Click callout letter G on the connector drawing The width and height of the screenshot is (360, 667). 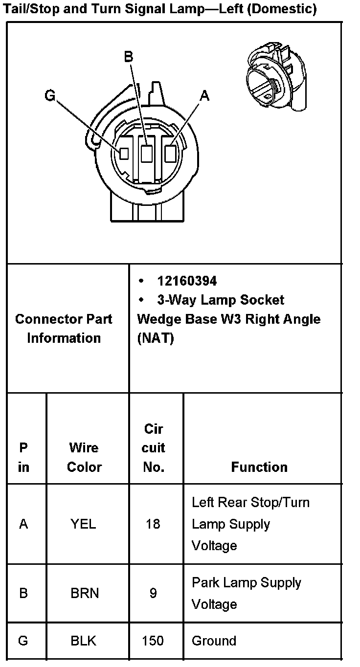50,95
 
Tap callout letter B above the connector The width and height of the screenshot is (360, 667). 128,58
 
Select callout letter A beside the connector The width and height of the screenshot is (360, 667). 204,96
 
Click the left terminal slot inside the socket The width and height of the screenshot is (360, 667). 124,154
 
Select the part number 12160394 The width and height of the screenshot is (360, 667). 187,281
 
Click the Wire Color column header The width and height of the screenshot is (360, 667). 84,457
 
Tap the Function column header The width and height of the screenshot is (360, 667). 259,467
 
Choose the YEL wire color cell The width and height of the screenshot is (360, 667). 83,524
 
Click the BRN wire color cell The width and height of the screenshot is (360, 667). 85,593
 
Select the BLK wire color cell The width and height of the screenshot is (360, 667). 84,641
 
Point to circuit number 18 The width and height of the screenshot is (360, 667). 153,524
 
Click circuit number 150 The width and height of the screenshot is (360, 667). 153,641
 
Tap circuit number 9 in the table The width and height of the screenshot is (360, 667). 153,593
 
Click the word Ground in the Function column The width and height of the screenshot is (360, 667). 214,641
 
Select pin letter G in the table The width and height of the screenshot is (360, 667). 23,641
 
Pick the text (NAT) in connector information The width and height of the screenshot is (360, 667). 156,338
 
